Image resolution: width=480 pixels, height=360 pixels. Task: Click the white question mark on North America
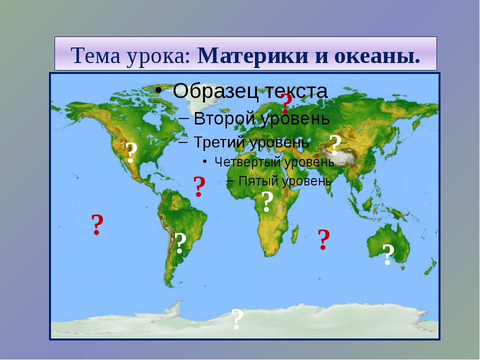131,153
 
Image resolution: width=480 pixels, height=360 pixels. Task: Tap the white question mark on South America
180,243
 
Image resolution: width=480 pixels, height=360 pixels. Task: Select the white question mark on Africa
267,201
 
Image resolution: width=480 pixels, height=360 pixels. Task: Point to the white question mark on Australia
388,254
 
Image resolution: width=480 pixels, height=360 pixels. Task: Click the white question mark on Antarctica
237,319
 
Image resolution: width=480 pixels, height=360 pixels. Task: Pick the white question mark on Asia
335,145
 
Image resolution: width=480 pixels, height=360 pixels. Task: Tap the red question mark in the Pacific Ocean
97,224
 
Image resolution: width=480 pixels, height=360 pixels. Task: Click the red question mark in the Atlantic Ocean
199,186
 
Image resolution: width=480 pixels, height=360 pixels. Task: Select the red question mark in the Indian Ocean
323,239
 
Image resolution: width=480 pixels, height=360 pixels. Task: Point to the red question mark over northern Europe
286,103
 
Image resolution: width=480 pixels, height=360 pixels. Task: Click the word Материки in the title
253,55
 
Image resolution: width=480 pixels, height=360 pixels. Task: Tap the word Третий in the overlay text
218,142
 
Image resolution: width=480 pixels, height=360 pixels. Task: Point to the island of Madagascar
294,235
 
